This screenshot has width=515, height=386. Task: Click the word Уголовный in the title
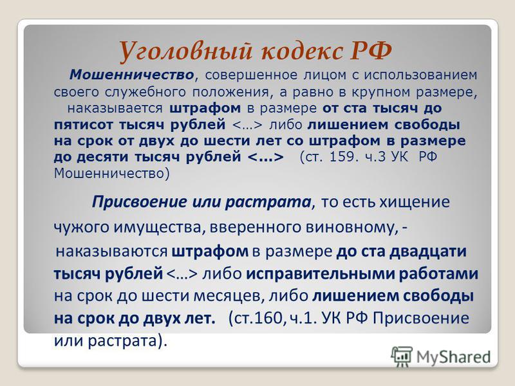(187, 51)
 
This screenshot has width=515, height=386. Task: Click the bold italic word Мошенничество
(131, 75)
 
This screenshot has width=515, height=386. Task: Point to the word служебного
(145, 92)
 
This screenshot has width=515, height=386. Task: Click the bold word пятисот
(83, 125)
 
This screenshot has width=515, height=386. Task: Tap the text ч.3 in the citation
(375, 157)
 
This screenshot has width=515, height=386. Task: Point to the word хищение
(415, 202)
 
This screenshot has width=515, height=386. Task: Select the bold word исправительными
(319, 274)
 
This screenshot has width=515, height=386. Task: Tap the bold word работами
(438, 274)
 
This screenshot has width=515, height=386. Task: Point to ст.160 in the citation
(256, 318)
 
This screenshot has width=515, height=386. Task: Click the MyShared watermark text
(453, 357)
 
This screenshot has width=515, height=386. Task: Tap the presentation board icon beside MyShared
(402, 356)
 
